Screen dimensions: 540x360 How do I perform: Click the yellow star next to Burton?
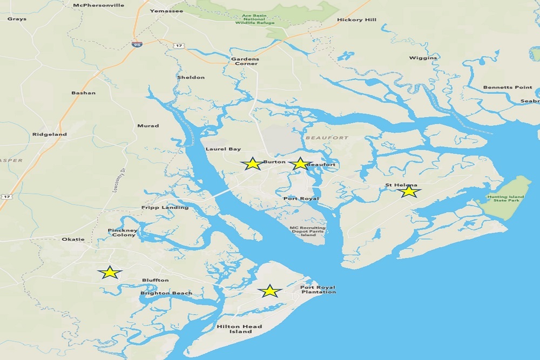252,164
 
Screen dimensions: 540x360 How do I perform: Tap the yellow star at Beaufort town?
300,164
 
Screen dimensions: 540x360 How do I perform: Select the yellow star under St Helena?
409,191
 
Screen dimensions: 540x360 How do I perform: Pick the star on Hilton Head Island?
269,291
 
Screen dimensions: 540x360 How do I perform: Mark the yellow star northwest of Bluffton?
110,273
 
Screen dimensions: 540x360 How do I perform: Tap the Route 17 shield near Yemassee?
178,46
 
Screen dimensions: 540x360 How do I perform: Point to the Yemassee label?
166,11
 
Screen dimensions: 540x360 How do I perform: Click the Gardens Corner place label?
245,61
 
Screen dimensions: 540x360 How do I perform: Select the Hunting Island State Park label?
505,199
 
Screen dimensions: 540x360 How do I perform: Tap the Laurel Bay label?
223,149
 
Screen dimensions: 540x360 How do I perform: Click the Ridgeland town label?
50,134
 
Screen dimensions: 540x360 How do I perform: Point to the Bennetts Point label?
507,87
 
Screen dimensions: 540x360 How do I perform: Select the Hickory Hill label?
356,20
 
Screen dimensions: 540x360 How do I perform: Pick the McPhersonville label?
98,5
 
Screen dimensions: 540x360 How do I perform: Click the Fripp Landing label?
165,207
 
